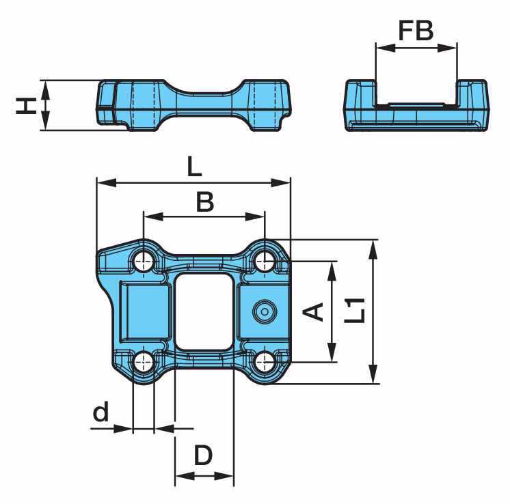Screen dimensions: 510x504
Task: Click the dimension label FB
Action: [x=416, y=31]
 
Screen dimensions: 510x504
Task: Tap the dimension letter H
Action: [x=26, y=107]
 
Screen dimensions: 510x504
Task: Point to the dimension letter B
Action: [x=205, y=202]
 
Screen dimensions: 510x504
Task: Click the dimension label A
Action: [x=313, y=311]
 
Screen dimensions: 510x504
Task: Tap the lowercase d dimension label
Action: [x=100, y=412]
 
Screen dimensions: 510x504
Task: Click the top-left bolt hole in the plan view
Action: [x=144, y=261]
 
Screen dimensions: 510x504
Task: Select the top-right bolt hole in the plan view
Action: [x=265, y=261]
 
